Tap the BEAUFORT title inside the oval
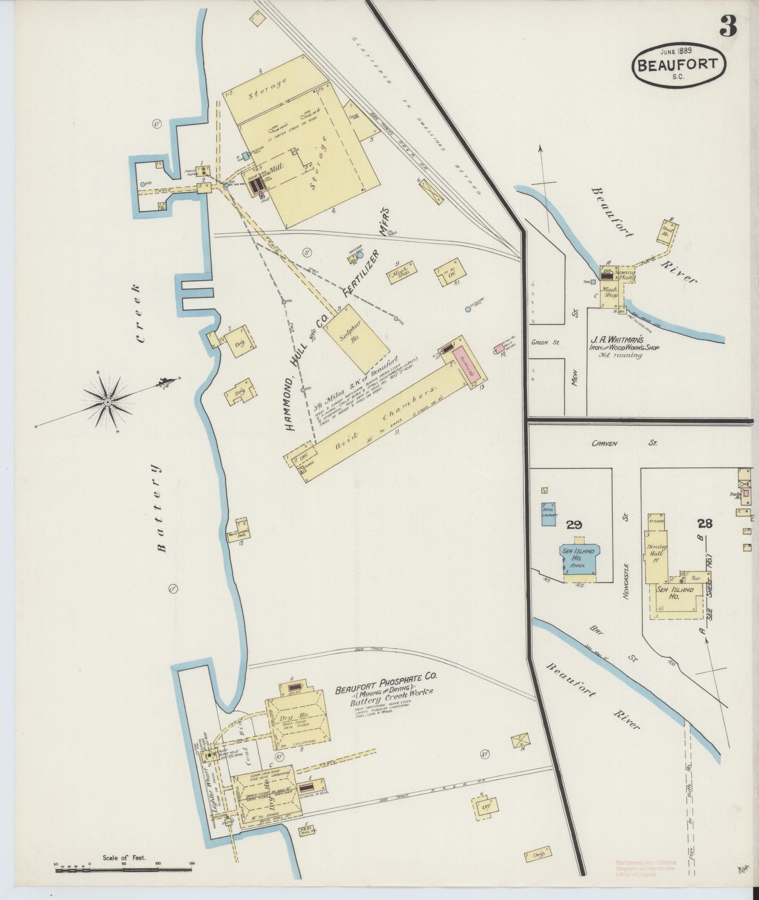679,64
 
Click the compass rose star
107,402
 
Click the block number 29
575,524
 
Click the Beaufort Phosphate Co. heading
386,690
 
